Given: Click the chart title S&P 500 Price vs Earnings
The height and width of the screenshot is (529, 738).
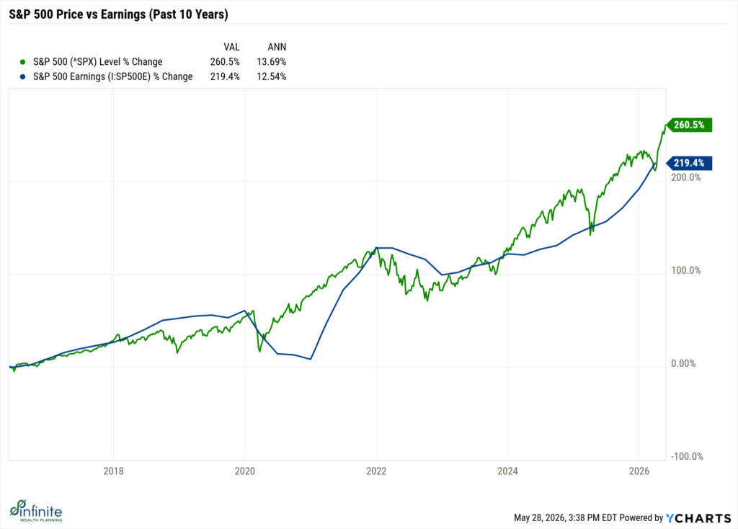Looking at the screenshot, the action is pos(119,14).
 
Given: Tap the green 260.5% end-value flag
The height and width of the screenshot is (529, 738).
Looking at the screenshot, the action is pos(689,125).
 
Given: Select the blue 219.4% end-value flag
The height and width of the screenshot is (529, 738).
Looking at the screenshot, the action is pos(689,163).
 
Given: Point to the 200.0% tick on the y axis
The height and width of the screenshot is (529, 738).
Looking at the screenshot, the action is pos(686,177).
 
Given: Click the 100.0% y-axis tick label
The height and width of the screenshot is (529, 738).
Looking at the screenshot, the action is pos(686,270).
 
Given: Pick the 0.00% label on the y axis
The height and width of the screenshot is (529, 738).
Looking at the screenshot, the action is pos(683,363).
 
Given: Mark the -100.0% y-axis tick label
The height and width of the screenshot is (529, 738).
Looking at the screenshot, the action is pos(687,456).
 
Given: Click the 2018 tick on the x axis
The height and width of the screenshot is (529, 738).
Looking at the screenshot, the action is pos(113,471).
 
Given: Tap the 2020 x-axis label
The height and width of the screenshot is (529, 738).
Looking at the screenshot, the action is pos(245,471).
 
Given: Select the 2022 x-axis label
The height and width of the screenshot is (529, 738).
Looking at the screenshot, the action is pos(376,471).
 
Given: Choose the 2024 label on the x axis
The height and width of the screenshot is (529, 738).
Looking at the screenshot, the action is pos(507,471).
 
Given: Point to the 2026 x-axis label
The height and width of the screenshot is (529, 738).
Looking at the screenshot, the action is pos(639,471).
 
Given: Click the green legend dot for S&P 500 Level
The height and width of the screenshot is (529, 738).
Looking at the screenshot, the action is pos(22,62).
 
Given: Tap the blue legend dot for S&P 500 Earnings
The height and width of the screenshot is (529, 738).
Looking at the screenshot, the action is pos(22,76).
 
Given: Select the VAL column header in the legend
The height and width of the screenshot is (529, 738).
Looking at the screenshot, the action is pos(231,47).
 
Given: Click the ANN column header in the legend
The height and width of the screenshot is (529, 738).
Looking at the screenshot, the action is pos(277,47).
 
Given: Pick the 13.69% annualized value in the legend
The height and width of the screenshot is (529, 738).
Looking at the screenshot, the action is pos(272,62).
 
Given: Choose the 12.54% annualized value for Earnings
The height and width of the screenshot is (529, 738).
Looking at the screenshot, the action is pos(272,76).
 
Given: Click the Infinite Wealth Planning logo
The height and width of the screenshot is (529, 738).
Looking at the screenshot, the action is pos(36,511).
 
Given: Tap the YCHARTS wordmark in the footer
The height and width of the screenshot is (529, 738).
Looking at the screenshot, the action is pos(698,518).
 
